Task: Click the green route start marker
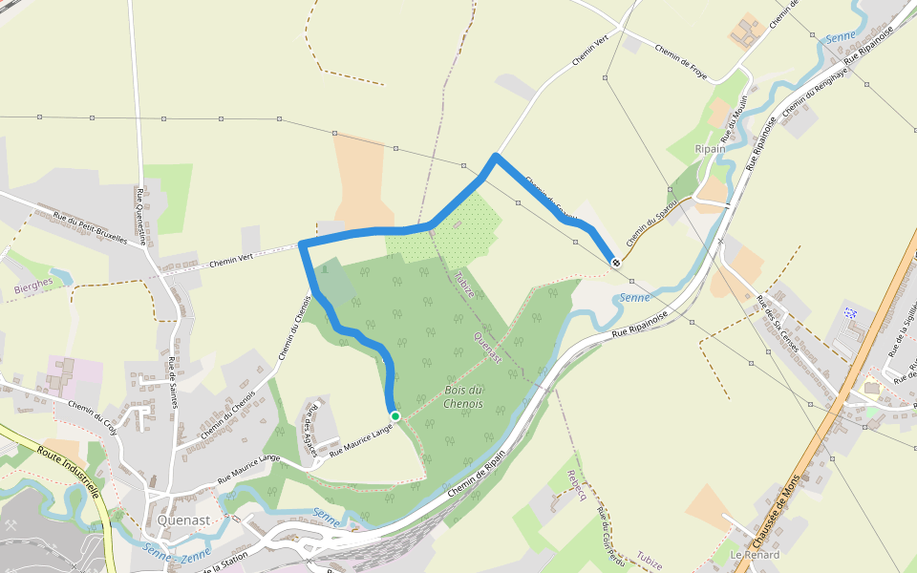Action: pos(395,415)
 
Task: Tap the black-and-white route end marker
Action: pos(617,262)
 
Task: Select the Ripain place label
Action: pos(710,149)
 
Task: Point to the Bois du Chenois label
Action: pos(463,396)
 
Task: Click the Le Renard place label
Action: pos(755,555)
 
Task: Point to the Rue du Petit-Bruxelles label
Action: pos(91,228)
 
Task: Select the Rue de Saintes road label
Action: pos(173,382)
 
